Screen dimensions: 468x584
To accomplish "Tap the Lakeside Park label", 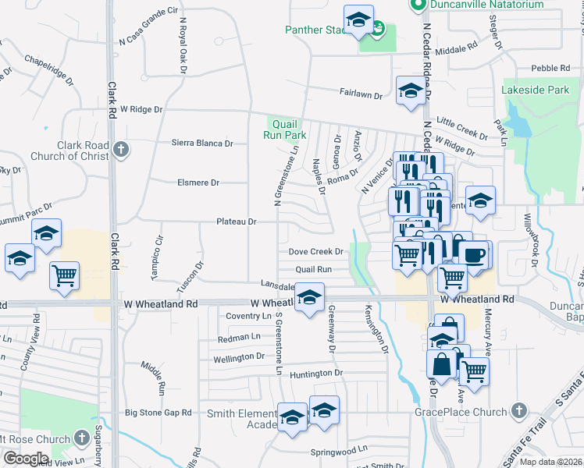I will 536,90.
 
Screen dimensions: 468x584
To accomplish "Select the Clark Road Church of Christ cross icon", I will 120,148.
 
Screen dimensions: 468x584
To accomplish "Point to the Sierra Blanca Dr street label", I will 202,144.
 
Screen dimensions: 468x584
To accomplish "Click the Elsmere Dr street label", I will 198,183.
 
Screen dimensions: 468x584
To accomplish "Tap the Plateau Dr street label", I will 237,222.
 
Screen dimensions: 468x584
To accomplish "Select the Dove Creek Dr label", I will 316,252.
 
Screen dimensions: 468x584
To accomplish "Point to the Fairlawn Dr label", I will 361,94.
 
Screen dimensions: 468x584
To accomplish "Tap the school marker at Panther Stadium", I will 358,21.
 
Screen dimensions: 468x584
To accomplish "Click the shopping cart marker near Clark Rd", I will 64,275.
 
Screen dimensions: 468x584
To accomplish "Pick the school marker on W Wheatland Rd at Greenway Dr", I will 310,298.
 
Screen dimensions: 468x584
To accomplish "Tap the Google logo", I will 26,458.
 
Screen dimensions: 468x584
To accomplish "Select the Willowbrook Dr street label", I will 531,243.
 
